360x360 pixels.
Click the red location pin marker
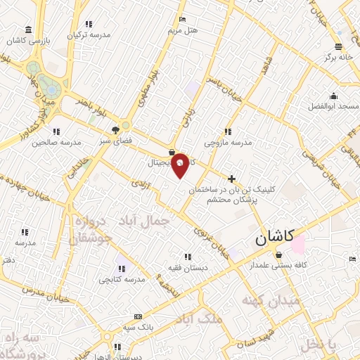tap(181, 165)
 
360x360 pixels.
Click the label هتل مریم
tap(184, 31)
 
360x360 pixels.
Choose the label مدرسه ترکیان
tap(89, 34)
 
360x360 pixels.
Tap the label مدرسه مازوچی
tap(228, 142)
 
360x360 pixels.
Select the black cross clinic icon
tap(232, 179)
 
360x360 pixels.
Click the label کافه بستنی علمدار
tap(279, 266)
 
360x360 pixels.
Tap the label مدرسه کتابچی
tap(123, 279)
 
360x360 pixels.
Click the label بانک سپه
tap(138, 328)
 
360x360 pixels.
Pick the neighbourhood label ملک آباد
tap(202, 319)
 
